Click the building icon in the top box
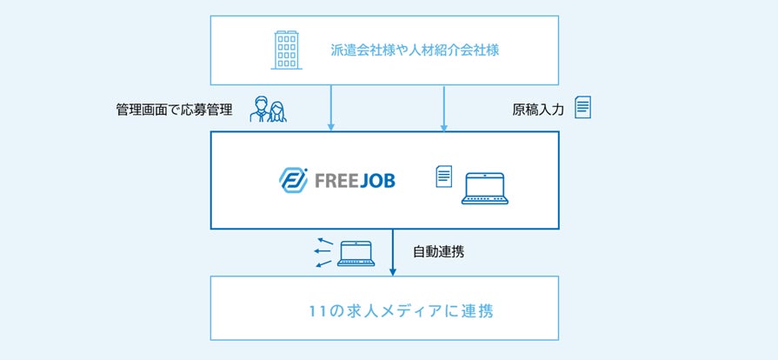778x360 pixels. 286,50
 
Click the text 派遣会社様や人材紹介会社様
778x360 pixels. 415,50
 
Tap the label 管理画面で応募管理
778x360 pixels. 174,110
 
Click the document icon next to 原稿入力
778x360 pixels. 582,107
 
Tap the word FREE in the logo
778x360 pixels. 331,182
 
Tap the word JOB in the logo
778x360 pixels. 375,182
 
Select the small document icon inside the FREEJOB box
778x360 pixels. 443,177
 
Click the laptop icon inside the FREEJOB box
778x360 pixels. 485,188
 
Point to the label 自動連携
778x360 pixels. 440,253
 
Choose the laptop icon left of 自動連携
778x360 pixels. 356,253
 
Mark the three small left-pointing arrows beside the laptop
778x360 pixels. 324,252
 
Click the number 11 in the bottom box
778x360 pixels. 317,310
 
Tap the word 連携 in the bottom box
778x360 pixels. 476,310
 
